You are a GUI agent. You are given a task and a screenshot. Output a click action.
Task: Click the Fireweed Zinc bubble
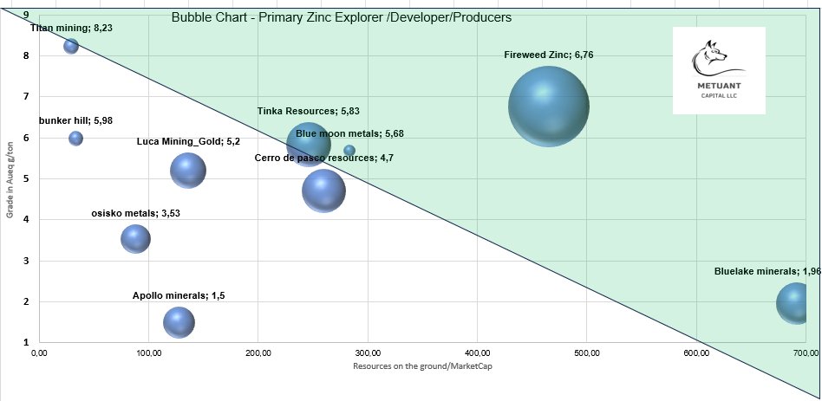point(548,107)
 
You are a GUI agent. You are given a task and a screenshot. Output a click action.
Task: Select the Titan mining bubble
point(71,46)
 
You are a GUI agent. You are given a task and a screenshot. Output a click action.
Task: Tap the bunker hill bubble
point(75,139)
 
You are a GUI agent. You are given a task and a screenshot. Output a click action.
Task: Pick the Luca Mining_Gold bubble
point(187,170)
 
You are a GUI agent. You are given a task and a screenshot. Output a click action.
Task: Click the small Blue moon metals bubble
point(349,151)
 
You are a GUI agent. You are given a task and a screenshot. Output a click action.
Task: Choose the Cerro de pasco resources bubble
point(323,191)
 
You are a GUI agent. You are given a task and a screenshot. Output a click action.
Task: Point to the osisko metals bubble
point(134,238)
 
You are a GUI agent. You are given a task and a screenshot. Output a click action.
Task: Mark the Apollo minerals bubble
point(179,323)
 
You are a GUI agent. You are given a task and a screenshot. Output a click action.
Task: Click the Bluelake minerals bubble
point(797,303)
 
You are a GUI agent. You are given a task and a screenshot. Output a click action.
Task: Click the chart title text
point(341,17)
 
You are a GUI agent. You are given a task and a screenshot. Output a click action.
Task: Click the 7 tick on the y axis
point(28,97)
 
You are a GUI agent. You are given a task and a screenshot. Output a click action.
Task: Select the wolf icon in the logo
point(718,59)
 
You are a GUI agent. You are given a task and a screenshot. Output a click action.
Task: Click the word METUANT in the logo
point(718,87)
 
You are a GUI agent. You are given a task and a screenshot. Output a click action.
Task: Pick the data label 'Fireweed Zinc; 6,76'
point(548,55)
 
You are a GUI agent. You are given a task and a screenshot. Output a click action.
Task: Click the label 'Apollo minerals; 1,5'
point(179,295)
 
